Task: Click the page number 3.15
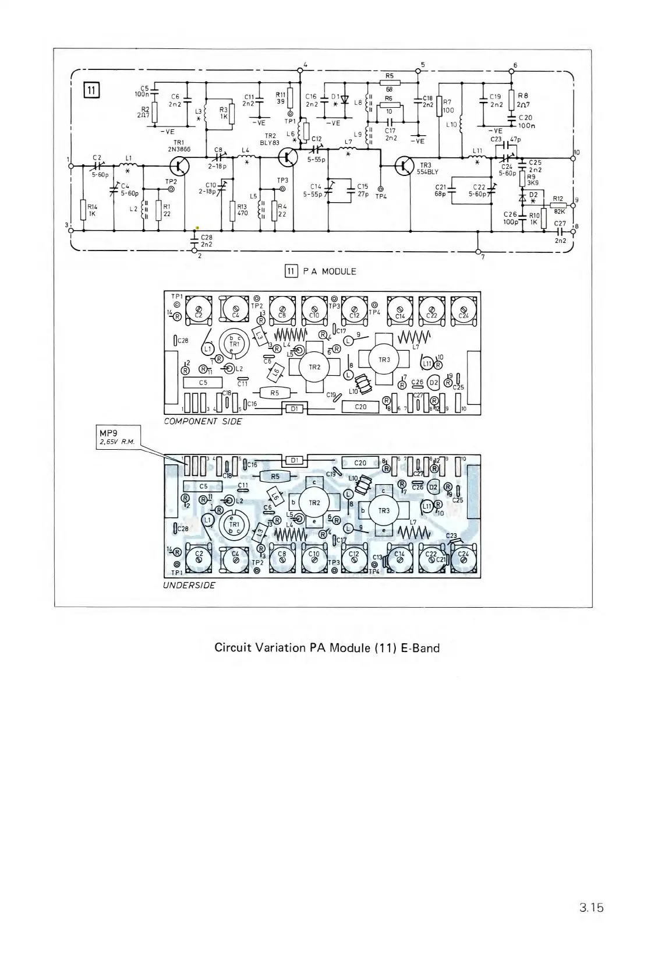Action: click(x=591, y=923)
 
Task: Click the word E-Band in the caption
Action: click(x=420, y=648)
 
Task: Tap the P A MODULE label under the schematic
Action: click(x=330, y=271)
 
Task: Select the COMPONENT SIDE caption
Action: click(x=203, y=421)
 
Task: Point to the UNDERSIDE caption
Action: click(x=189, y=585)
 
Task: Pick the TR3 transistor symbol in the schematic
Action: click(x=404, y=166)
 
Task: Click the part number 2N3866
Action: click(x=179, y=149)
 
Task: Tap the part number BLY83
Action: click(x=270, y=142)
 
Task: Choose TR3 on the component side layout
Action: click(x=384, y=359)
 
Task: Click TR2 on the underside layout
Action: click(x=314, y=503)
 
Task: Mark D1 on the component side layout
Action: click(x=295, y=409)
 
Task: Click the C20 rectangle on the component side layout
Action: click(x=360, y=407)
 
